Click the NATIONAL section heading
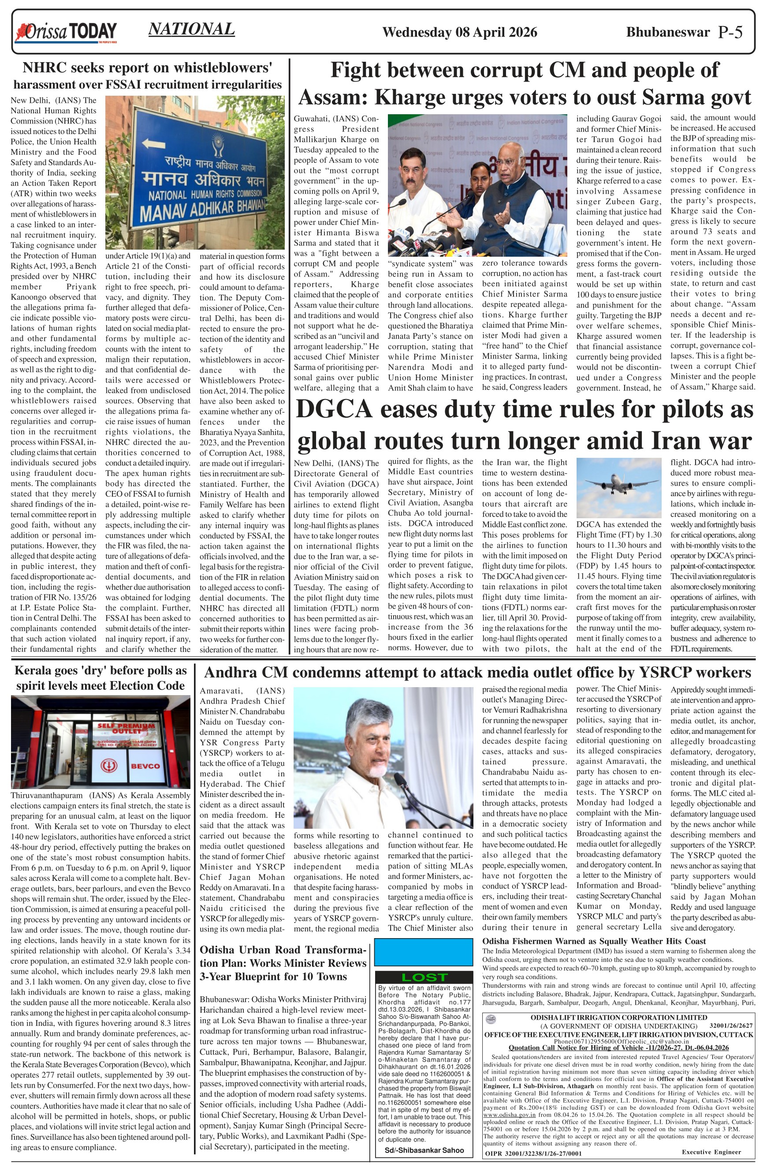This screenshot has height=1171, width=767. click(191, 30)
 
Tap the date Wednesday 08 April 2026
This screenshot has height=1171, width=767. click(460, 33)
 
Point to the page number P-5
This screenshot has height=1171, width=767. click(730, 33)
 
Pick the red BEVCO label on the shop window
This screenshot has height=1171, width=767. click(145, 766)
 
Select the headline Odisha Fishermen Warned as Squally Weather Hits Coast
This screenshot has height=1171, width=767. click(594, 941)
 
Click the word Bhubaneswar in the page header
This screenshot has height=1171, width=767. click(668, 33)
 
